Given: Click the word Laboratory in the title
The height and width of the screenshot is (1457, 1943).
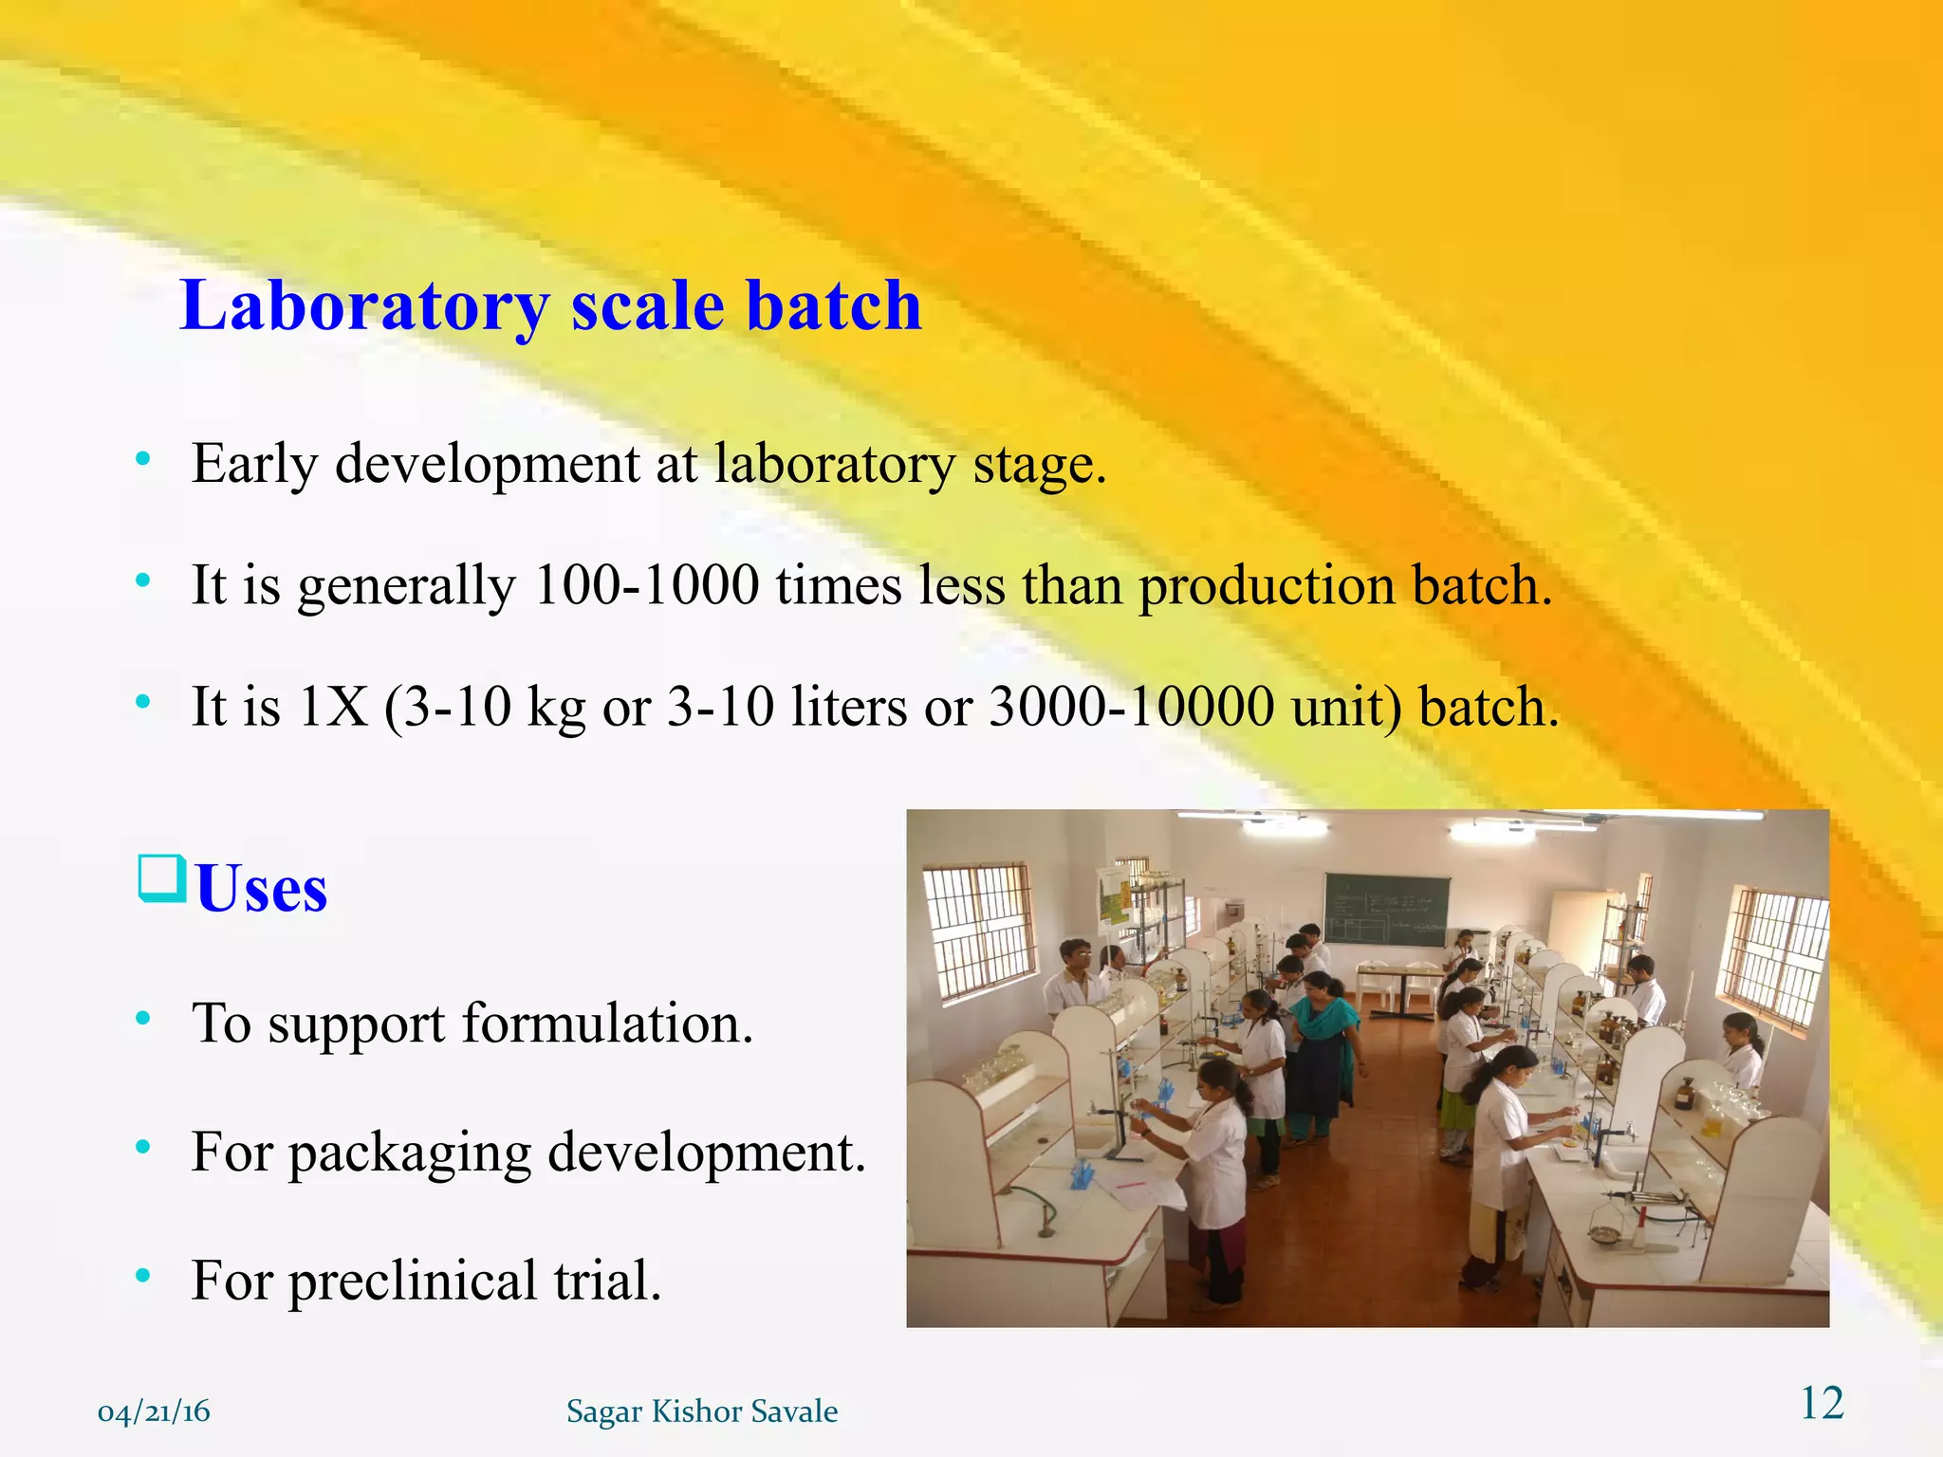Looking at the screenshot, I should [364, 306].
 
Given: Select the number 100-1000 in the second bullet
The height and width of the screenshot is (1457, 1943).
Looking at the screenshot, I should [646, 584].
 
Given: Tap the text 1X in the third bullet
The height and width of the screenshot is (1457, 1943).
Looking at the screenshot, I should [332, 707].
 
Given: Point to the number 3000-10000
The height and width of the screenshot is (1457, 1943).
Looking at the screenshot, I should [1131, 707].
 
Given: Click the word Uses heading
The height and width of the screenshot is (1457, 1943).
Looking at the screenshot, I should [261, 889].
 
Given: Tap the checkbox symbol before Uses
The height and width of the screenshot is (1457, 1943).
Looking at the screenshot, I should [161, 878].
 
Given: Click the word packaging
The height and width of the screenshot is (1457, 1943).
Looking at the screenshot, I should [410, 1153].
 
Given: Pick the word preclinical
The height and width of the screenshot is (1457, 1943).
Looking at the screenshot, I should [412, 1281].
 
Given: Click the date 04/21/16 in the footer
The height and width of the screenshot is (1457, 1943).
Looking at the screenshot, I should [154, 1411].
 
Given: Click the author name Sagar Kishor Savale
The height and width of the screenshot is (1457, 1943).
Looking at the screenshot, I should [702, 1411].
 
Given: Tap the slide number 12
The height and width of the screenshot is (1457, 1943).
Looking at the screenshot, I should [1822, 1403].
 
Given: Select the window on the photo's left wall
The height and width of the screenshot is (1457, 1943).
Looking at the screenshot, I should [979, 931].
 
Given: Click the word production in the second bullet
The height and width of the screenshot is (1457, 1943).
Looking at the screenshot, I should [1267, 584].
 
